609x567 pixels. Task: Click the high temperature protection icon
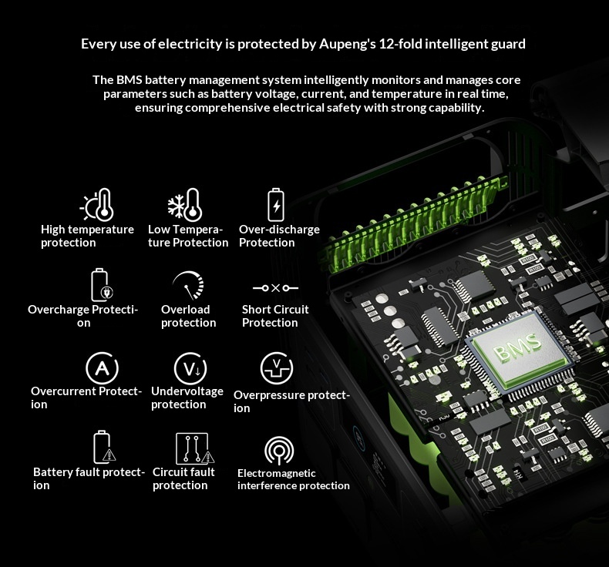pos(97,204)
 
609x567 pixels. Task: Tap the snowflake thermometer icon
pos(185,204)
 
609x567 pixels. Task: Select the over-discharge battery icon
pos(276,205)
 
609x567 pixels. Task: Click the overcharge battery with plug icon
pos(102,284)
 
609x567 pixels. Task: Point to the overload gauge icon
pos(189,285)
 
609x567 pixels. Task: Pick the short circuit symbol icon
pos(275,288)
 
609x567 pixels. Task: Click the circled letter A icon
pos(102,368)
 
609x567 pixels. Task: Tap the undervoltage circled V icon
pos(190,368)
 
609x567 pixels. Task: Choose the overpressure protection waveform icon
pos(277,368)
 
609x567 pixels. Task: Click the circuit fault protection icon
pos(194,448)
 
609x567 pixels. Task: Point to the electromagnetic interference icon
pos(279,451)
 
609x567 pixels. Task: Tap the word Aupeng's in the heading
pos(348,44)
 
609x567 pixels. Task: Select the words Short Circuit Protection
pos(275,316)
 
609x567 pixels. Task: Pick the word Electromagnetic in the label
pos(277,473)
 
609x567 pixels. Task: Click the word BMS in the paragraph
pos(130,79)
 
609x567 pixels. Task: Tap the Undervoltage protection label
pos(187,398)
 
